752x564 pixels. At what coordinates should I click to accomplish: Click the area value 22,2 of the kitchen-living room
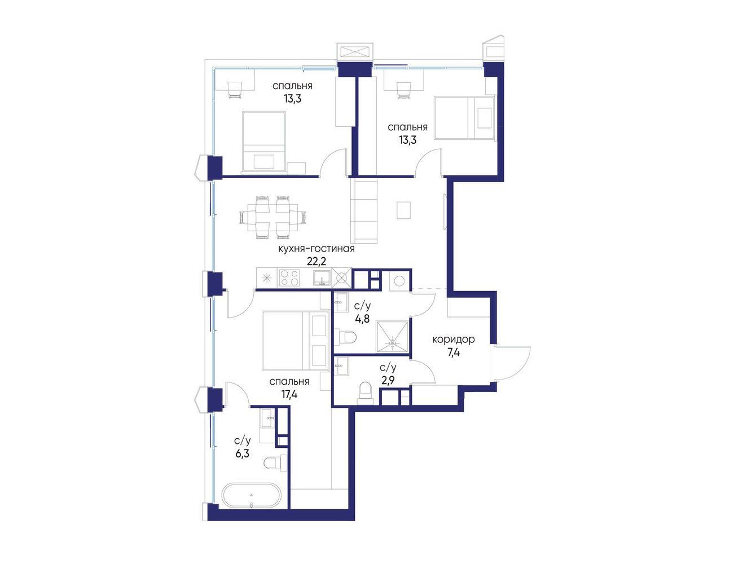(316, 262)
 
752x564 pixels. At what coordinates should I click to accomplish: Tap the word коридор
(453, 340)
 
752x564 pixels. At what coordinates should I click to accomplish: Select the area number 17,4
(289, 394)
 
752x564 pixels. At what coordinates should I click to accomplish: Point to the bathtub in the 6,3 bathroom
(251, 496)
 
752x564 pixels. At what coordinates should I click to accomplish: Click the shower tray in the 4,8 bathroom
(392, 337)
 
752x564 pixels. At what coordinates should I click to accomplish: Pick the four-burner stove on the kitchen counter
(289, 277)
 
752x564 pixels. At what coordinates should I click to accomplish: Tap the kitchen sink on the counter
(322, 278)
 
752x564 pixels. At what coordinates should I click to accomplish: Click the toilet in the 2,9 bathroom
(365, 392)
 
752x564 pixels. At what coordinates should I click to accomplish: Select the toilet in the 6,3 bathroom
(276, 463)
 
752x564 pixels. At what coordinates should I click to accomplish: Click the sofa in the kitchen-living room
(364, 211)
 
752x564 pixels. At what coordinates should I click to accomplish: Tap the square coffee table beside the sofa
(403, 210)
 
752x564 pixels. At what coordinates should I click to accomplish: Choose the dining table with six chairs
(272, 217)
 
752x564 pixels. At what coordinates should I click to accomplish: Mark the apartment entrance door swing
(512, 363)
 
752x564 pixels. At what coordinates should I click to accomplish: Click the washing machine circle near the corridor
(399, 281)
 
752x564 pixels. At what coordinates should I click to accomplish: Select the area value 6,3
(242, 453)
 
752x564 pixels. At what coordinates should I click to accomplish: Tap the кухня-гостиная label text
(316, 249)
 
